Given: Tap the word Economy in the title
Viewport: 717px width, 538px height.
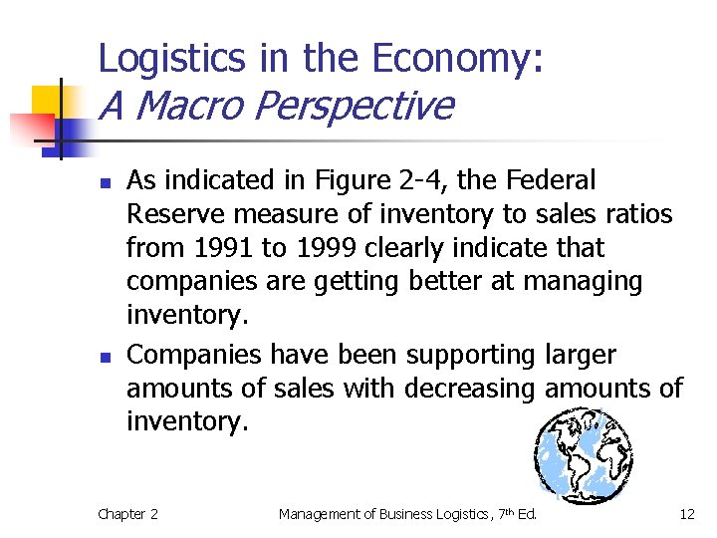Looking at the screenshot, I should tap(457, 59).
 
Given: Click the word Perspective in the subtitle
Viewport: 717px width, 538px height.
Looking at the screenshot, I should tap(356, 105).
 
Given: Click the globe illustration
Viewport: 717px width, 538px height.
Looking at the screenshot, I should tap(584, 453).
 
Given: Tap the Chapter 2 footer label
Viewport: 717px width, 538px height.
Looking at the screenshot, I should tap(127, 514).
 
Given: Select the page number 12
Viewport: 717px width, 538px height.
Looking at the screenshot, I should tap(686, 514).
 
